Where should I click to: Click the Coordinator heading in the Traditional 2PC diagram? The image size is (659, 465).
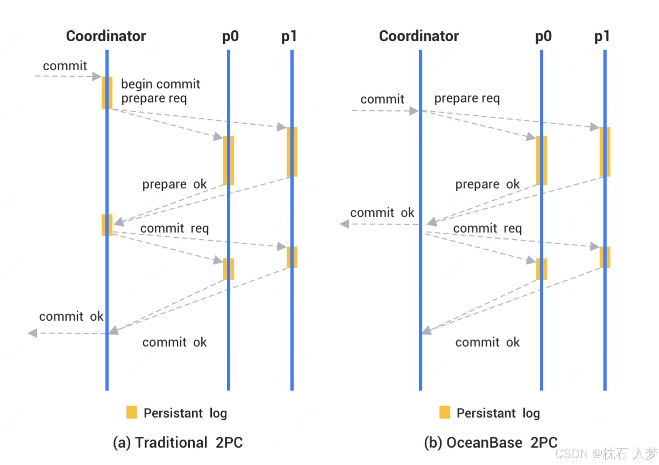tap(106, 36)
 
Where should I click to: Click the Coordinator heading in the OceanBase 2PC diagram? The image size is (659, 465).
tap(419, 36)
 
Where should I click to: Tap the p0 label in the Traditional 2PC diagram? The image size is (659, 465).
tap(230, 36)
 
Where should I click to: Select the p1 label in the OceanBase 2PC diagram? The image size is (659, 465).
tap(602, 36)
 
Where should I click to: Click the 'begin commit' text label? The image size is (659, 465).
tap(160, 84)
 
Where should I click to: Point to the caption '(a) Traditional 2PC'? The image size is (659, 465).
tap(177, 443)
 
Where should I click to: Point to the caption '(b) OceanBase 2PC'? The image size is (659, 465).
tap(490, 443)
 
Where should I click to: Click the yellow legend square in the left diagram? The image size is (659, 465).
tap(132, 412)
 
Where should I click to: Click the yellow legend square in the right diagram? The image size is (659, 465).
tap(444, 412)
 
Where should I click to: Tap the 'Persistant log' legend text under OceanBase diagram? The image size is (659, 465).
tap(498, 413)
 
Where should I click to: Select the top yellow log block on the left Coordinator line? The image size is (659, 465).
tap(107, 92)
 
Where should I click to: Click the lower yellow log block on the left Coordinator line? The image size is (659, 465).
tap(107, 225)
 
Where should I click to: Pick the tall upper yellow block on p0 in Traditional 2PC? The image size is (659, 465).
tap(229, 160)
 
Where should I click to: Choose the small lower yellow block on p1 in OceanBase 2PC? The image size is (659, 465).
tap(605, 257)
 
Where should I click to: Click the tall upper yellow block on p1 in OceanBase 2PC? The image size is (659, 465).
tap(605, 152)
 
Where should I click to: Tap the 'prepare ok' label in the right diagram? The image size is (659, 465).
tap(487, 184)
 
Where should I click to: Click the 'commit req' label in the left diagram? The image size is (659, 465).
tap(174, 228)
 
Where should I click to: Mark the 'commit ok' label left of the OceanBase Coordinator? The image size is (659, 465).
tap(382, 212)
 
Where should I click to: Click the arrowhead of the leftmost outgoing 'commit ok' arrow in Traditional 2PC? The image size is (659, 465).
tap(33, 333)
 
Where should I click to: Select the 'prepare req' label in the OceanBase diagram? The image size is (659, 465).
tap(467, 98)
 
